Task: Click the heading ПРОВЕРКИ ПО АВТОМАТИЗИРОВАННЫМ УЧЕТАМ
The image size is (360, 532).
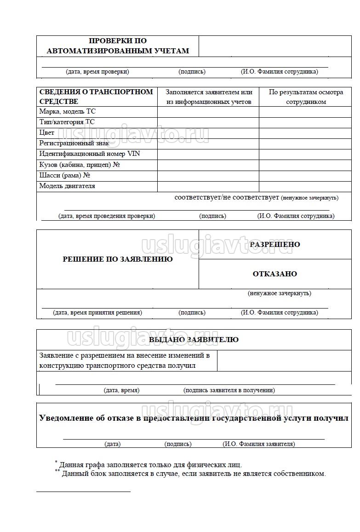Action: [x=118, y=46]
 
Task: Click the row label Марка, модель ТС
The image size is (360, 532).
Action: [x=68, y=112]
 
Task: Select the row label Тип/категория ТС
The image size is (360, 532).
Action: [x=67, y=122]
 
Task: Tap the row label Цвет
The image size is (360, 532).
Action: [x=47, y=133]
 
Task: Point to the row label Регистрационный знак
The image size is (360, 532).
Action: [x=74, y=143]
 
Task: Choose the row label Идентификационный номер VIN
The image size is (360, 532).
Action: [x=90, y=154]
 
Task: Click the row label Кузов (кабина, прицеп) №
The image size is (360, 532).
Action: [x=80, y=165]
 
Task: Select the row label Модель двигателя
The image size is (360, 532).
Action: [x=67, y=186]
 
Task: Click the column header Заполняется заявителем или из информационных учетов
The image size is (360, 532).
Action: [x=209, y=97]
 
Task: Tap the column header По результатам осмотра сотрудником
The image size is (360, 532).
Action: [x=306, y=97]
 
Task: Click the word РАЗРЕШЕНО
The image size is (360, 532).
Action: [x=275, y=245]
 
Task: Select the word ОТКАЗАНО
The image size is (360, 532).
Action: [x=275, y=274]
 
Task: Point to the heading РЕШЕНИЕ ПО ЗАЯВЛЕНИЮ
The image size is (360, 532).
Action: [x=118, y=259]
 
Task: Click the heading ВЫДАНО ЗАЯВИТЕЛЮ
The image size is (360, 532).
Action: [x=194, y=340]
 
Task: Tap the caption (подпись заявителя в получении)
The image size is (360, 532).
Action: [x=229, y=390]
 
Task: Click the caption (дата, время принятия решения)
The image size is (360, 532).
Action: [x=97, y=313]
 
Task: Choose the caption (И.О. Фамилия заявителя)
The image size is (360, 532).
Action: [x=259, y=444]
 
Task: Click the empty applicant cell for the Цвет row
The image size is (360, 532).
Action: [x=208, y=133]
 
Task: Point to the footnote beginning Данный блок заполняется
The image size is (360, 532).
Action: [x=194, y=474]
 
